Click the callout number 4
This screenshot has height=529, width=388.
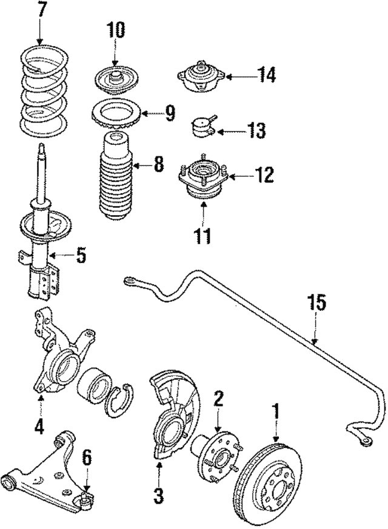(x=39, y=427)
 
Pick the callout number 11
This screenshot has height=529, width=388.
(x=203, y=235)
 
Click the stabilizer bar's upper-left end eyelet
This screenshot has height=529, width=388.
(x=128, y=280)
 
